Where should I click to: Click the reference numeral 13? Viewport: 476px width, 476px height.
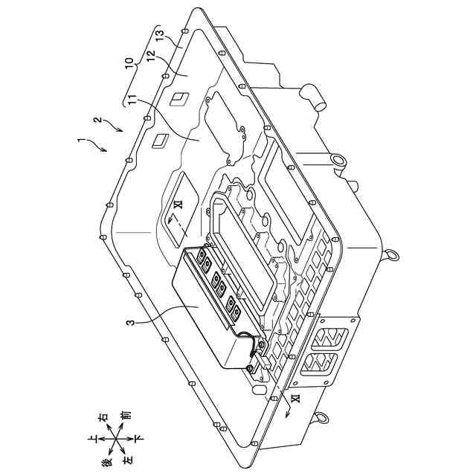click(160, 35)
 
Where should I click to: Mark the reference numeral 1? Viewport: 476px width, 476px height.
click(80, 141)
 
